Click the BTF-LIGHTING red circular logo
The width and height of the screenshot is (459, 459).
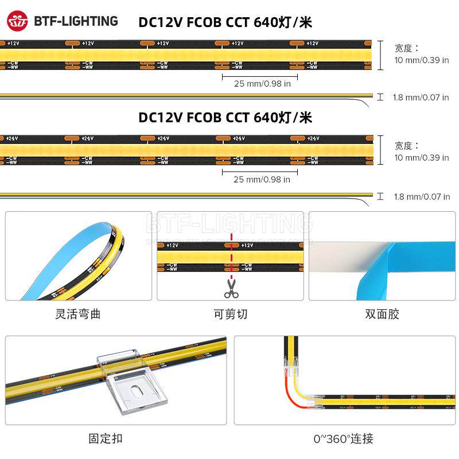(x=17, y=21)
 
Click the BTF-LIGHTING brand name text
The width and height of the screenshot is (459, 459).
(x=76, y=21)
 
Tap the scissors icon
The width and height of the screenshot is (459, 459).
(x=231, y=288)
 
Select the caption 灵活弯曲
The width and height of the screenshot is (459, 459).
(x=78, y=314)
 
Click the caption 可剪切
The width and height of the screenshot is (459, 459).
(x=231, y=314)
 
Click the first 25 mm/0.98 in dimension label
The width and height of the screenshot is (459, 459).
(x=262, y=84)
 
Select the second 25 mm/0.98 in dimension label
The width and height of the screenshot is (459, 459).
(x=262, y=180)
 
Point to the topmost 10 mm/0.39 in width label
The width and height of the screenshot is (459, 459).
(x=422, y=60)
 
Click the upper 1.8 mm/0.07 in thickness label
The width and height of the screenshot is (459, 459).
(x=421, y=98)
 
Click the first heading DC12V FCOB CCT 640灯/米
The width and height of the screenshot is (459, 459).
(x=225, y=23)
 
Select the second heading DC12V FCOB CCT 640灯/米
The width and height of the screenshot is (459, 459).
(x=225, y=118)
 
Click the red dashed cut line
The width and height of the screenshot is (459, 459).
(x=231, y=252)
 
